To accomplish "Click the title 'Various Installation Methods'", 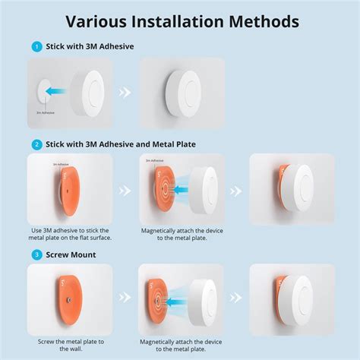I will pos(180,21).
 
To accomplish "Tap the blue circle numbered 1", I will pos(36,46).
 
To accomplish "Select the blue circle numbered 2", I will pos(36,143).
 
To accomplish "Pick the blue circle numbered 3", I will pos(36,254).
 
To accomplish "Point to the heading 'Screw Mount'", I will pos(71,254).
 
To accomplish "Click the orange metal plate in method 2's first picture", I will pos(67,190).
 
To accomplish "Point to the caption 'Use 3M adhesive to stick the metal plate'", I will pos(69,235).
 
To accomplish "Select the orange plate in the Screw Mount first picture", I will pos(67,302).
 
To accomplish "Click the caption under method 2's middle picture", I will pos(182,235).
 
